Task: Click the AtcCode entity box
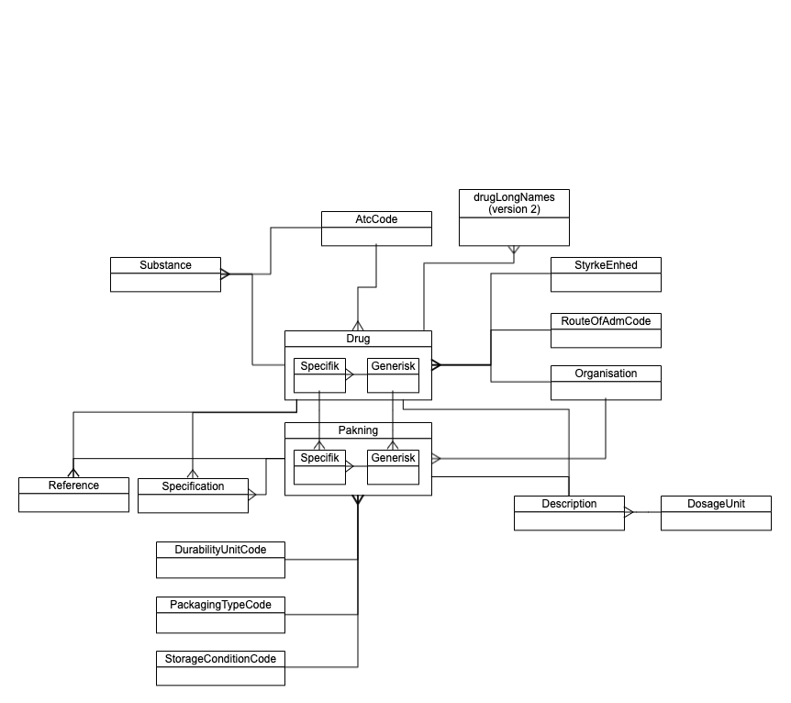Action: pos(376,229)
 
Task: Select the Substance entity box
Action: pos(165,274)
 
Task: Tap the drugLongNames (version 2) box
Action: pos(514,217)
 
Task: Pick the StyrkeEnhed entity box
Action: pos(606,274)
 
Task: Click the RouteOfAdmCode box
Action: pos(606,330)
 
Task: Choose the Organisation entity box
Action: pos(606,383)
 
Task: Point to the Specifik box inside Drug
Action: pos(320,374)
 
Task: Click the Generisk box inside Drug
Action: pos(393,374)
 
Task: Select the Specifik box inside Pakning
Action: pos(320,466)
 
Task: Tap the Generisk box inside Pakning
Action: pos(393,466)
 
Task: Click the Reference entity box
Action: pos(73,495)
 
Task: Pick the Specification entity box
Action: pos(193,495)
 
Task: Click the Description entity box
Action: pos(569,513)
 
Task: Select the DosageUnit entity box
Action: pos(716,513)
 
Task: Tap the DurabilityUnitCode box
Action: pos(220,559)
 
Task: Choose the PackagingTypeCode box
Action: pos(220,614)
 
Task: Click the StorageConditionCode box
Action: pos(220,668)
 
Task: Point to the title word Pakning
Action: pos(358,430)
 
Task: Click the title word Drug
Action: pos(358,339)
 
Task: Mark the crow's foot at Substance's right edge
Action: pos(227,273)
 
